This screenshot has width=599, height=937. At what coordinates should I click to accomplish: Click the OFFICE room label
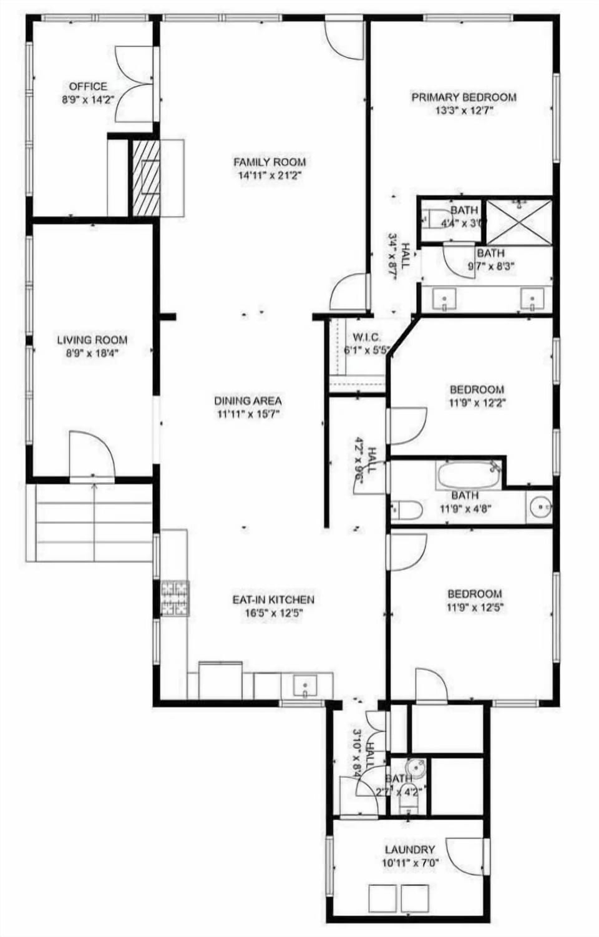(88, 87)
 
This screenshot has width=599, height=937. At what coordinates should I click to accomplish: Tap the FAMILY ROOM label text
(270, 162)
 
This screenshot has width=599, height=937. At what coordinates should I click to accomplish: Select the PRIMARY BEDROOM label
(464, 97)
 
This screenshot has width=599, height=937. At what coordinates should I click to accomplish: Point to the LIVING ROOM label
(92, 340)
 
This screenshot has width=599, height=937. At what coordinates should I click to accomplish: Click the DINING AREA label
(248, 401)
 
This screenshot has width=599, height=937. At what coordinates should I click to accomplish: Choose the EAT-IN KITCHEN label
(273, 600)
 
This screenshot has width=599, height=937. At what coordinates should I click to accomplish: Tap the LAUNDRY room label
(410, 850)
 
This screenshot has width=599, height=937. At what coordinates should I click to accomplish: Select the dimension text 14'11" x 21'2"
(270, 175)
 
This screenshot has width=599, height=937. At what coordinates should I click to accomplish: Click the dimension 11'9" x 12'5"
(475, 607)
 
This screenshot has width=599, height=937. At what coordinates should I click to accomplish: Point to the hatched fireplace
(144, 178)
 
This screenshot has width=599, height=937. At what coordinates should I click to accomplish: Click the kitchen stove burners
(175, 599)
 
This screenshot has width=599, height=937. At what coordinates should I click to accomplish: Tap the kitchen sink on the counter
(305, 685)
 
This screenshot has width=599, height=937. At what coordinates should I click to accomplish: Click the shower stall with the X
(519, 222)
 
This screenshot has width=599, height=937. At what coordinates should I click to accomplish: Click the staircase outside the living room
(90, 522)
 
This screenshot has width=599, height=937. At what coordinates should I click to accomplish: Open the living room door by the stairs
(91, 455)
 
